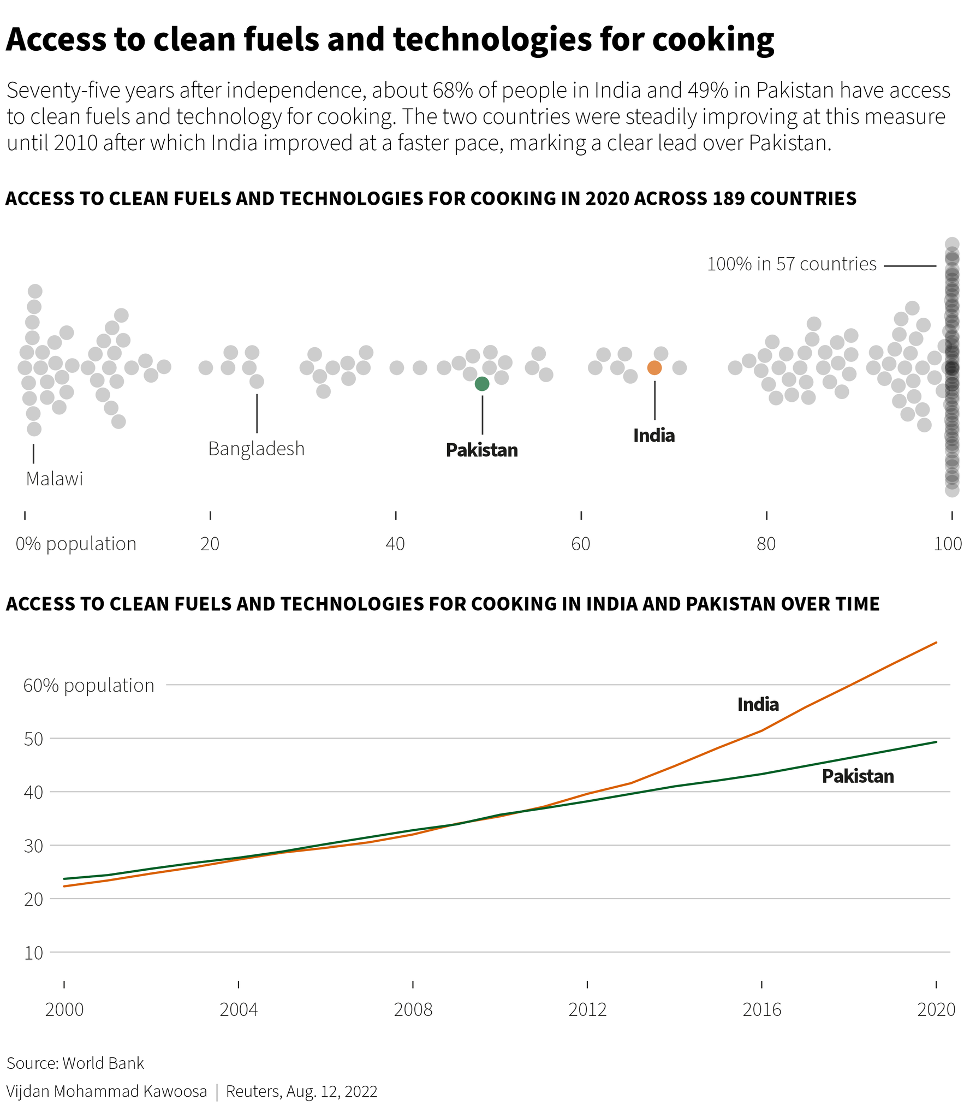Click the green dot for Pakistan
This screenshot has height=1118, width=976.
tap(481, 384)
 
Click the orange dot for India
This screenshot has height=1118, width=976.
tap(654, 368)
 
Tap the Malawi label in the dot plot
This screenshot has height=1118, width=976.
tap(55, 479)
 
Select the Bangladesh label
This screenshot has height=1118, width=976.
tap(256, 449)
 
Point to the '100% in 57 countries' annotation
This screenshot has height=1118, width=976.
tap(791, 264)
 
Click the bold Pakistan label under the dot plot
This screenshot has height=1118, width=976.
tap(481, 450)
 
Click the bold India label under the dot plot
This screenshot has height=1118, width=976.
tap(654, 436)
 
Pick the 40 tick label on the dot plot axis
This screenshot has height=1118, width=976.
tap(395, 544)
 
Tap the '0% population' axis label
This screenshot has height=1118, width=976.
tap(76, 544)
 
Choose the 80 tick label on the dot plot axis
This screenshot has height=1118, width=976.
tap(766, 544)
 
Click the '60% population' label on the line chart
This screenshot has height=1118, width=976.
tap(89, 686)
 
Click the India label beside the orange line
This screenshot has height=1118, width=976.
tap(758, 705)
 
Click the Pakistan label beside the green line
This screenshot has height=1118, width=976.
tap(858, 776)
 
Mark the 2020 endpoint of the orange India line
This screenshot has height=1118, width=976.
tap(936, 643)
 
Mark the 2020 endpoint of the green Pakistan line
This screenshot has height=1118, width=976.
tap(936, 742)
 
